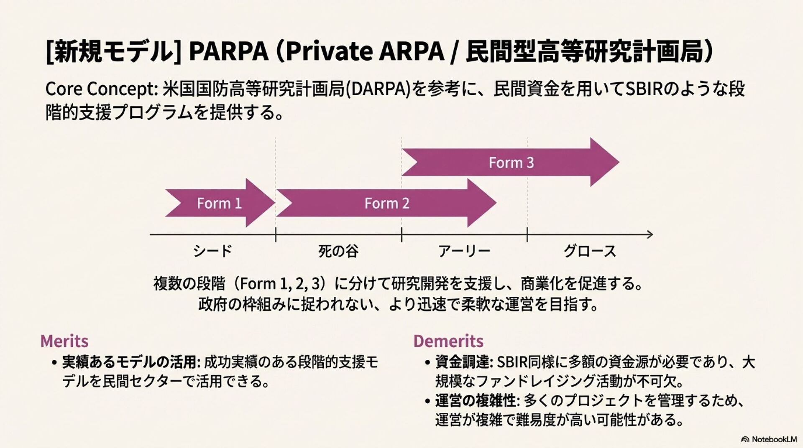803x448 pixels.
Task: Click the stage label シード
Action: coord(212,251)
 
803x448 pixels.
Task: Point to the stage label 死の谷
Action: coord(338,251)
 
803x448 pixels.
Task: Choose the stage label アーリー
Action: coord(464,251)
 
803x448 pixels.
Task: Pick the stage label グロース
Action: coord(590,251)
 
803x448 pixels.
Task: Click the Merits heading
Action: coord(64,341)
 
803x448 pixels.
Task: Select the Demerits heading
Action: coord(448,341)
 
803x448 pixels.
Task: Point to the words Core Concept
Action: coord(101,89)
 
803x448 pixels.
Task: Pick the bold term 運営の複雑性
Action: coord(476,401)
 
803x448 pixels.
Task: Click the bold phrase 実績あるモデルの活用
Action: coord(130,362)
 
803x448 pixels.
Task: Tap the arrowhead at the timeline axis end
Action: coord(650,234)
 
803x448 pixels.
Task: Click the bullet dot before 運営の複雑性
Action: coord(427,402)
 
